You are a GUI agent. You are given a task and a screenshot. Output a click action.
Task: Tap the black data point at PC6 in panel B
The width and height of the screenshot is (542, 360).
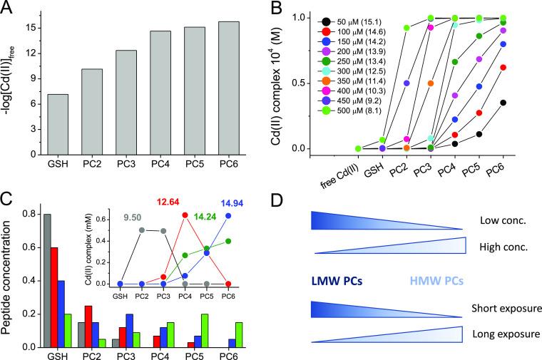click(x=523, y=102)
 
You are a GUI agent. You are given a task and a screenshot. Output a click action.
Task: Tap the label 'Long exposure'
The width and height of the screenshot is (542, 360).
click(x=500, y=332)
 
